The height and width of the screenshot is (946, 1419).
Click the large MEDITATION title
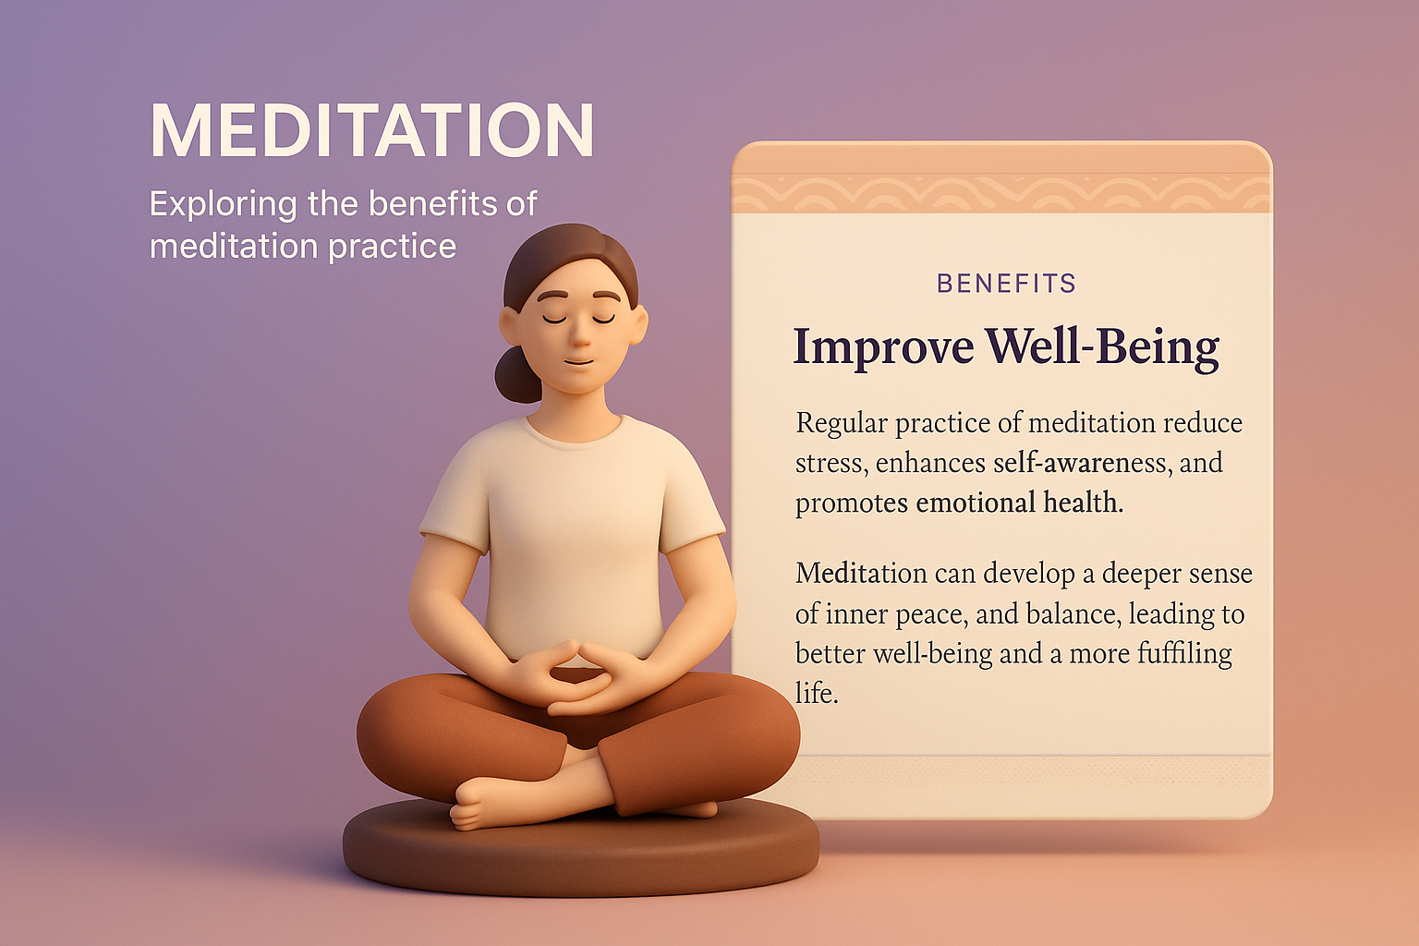(x=371, y=130)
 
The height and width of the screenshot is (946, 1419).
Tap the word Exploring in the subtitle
(x=223, y=203)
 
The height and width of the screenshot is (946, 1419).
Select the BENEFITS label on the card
(x=1006, y=284)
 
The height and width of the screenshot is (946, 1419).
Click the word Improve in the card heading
(x=883, y=347)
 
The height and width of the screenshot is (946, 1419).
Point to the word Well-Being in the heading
(x=1101, y=347)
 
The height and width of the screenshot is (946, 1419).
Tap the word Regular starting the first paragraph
(x=841, y=423)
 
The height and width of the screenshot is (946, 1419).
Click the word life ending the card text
(x=815, y=693)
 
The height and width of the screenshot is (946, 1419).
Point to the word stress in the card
(x=830, y=463)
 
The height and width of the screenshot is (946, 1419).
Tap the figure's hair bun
(x=517, y=375)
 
